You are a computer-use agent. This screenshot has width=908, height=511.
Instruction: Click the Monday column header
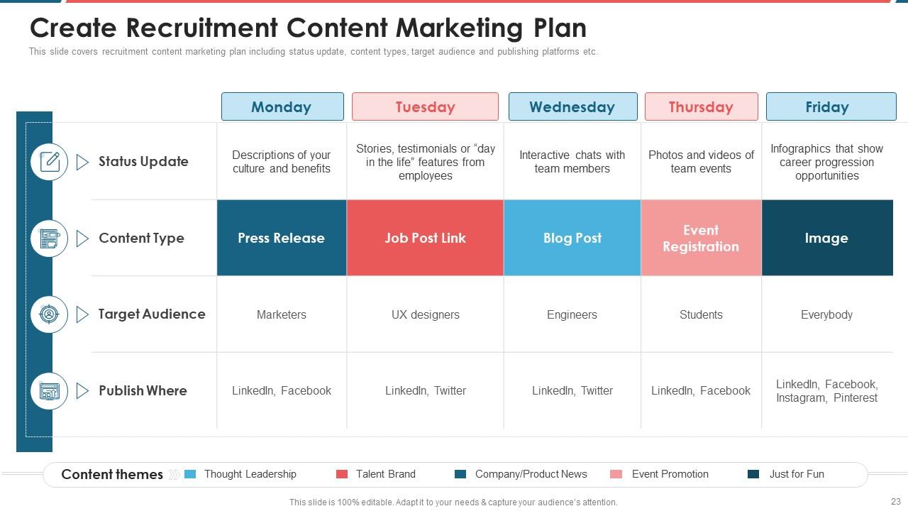(x=282, y=106)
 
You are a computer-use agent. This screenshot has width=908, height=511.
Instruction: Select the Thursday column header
(x=702, y=106)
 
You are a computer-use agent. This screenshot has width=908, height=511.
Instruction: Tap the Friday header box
(x=831, y=106)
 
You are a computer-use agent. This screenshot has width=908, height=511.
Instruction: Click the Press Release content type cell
(x=282, y=238)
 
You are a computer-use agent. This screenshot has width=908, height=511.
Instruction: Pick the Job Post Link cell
(x=425, y=238)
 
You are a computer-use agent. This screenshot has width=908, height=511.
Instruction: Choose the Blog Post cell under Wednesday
(x=572, y=238)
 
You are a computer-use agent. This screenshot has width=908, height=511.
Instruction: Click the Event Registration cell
(x=702, y=238)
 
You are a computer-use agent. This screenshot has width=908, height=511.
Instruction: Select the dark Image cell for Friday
(x=827, y=238)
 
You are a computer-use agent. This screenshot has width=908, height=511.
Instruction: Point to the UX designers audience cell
(x=425, y=314)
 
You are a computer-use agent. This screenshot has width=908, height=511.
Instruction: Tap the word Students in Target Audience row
(x=701, y=314)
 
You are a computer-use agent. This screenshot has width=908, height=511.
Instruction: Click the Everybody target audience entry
(x=826, y=314)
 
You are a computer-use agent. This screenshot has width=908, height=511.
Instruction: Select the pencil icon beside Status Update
(x=50, y=162)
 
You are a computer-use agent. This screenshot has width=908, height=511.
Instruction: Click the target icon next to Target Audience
(x=50, y=314)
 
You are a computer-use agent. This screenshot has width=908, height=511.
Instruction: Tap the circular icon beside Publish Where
(x=50, y=391)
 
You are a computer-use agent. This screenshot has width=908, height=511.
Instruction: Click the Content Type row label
(x=141, y=238)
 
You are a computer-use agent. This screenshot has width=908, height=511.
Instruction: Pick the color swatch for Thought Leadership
(x=190, y=474)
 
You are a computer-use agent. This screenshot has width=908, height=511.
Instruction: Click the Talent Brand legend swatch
(x=342, y=474)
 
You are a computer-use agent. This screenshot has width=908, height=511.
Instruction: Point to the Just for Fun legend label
(x=797, y=474)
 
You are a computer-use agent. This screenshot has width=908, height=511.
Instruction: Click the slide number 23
(x=895, y=502)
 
